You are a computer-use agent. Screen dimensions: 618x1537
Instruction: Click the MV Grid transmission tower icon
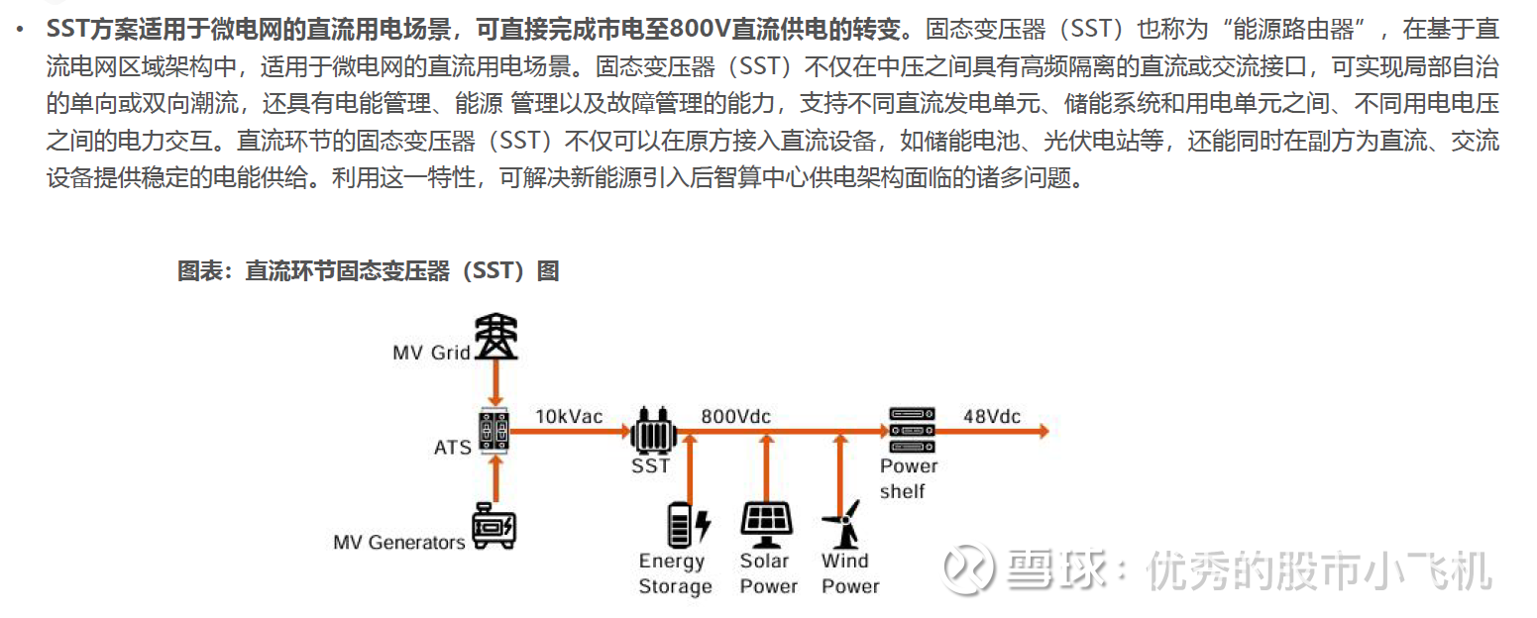(494, 337)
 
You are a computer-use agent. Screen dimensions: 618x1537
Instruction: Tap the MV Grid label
(431, 353)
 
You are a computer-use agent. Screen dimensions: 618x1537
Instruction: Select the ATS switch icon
(494, 431)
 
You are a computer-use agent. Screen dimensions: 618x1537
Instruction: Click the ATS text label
(453, 448)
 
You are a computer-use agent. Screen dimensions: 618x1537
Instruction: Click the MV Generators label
(399, 543)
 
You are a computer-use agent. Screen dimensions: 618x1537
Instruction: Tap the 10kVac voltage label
(569, 417)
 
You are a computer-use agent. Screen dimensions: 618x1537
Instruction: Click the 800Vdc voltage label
(735, 417)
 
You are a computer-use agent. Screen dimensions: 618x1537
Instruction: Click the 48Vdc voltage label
(992, 417)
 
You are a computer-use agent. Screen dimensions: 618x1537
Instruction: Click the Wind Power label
(849, 573)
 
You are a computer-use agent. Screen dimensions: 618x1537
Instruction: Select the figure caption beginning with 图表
(368, 270)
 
